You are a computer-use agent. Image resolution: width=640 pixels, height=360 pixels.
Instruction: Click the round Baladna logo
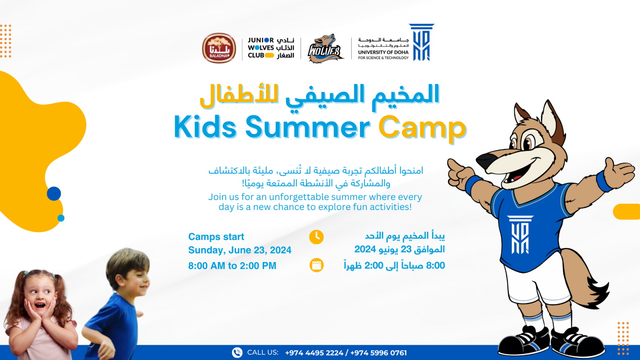[219, 48]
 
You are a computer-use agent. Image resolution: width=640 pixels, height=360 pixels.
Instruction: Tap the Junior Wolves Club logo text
[271, 48]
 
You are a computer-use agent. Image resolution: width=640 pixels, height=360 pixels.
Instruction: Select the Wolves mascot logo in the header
[325, 49]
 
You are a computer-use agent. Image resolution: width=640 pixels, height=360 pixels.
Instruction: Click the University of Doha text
[383, 52]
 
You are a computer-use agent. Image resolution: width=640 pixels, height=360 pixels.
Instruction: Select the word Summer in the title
[308, 128]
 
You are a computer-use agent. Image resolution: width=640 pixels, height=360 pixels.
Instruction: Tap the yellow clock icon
[316, 237]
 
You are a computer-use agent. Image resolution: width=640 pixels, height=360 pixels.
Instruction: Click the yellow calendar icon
[316, 265]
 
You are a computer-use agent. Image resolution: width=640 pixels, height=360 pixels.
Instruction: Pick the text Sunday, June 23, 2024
[240, 250]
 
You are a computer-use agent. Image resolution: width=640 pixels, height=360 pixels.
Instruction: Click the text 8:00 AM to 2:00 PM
[232, 266]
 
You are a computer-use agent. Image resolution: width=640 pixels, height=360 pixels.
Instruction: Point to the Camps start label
[216, 237]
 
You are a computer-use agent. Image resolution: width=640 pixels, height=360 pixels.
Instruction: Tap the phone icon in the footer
[237, 352]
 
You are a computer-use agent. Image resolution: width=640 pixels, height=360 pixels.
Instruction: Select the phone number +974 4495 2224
[314, 353]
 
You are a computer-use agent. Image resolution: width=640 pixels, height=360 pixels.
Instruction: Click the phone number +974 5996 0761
[378, 353]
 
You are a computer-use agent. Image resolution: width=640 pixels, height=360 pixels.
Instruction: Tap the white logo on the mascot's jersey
[520, 235]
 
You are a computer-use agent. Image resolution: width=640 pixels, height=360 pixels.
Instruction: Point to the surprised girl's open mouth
[40, 306]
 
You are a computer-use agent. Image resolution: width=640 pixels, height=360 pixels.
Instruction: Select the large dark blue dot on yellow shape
[54, 194]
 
